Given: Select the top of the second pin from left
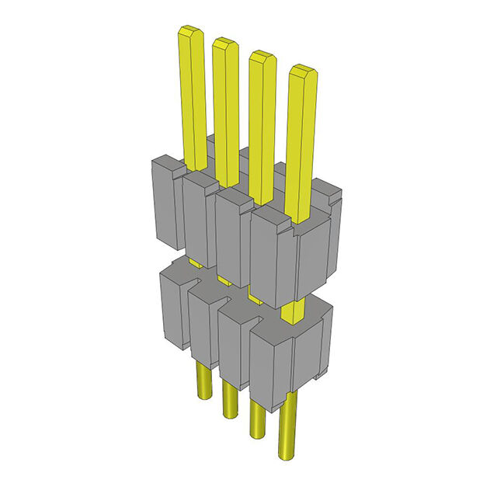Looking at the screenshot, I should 224,43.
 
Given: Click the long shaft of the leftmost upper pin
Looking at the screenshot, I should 194,101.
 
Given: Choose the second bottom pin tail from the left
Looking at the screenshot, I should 230,401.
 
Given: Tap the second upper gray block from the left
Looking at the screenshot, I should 197,221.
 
